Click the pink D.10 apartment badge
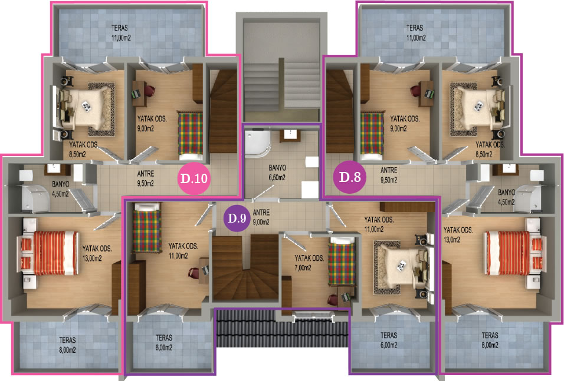[x=194, y=178]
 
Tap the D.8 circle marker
[x=350, y=177]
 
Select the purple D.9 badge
[x=237, y=218]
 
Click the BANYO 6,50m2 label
[x=277, y=173]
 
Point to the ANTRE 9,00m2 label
[x=261, y=217]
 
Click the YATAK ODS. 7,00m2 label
[x=309, y=263]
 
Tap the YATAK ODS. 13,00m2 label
[x=97, y=253]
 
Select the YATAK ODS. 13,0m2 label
[x=458, y=234]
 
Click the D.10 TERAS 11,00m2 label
[x=120, y=32]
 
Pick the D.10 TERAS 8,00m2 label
[x=68, y=344]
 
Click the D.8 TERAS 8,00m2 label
[x=490, y=340]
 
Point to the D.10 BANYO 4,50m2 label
[x=60, y=189]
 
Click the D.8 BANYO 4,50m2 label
[x=506, y=197]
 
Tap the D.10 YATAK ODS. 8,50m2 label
[x=83, y=150]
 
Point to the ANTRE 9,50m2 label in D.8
[x=389, y=175]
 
